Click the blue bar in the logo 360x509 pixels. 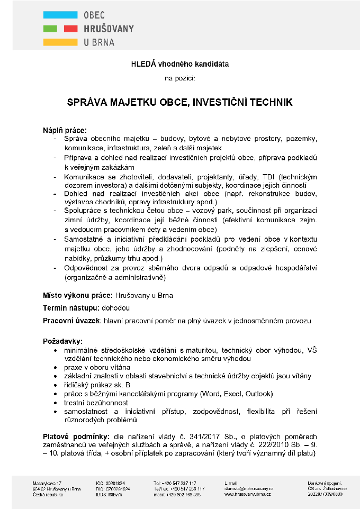coord(60,14)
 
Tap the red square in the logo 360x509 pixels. coord(70,28)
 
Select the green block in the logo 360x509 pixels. coord(50,28)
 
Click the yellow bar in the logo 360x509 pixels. coord(60,42)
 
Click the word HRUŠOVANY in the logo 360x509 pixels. coord(109,29)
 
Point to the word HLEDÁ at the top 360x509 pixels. coord(141,64)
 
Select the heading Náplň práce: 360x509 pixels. coord(65,130)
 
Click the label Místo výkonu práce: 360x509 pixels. coord(77,295)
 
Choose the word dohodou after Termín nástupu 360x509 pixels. coord(116,308)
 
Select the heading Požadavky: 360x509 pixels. coord(62,342)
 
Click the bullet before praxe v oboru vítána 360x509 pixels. coord(57,367)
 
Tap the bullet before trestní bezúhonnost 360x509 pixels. coord(57,403)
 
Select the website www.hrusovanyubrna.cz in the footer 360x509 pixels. coord(248,494)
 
